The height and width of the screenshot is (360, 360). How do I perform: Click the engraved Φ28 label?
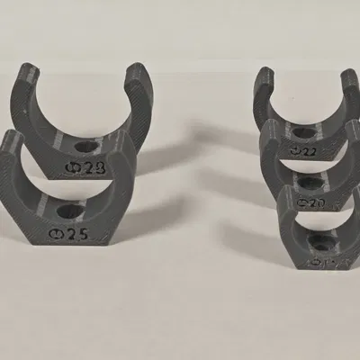(x=88, y=166)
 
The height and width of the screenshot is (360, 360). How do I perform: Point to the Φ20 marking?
(x=310, y=203)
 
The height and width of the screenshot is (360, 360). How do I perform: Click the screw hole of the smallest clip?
(x=319, y=241)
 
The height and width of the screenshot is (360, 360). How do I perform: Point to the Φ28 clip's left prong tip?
(x=31, y=69)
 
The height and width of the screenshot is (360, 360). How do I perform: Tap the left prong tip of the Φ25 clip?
(x=12, y=138)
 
